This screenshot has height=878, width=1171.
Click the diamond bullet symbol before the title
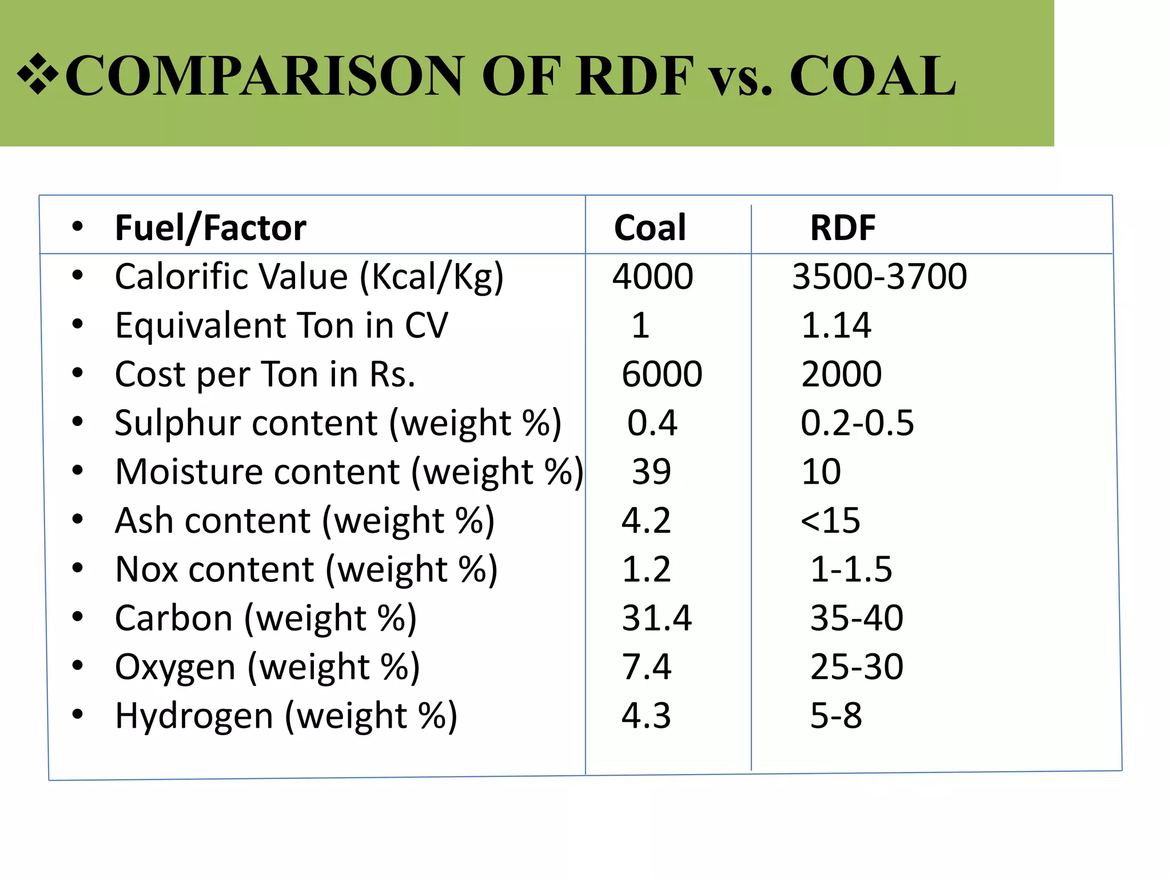[x=38, y=74]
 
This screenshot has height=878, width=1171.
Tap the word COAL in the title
[x=873, y=75]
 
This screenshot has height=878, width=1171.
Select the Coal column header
[x=650, y=228]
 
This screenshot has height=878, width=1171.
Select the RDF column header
[x=843, y=228]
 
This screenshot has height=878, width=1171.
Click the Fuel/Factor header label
[x=210, y=228]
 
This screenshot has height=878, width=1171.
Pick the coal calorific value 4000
[x=652, y=276]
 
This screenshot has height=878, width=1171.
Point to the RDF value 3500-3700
[x=879, y=276]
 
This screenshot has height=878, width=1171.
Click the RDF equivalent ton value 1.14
[x=836, y=325]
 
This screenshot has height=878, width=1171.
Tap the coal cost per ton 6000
[x=662, y=374]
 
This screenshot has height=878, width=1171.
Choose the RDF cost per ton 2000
[x=841, y=374]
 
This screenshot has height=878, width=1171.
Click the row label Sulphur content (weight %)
[x=337, y=423]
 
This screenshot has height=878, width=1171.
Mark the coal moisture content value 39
[x=651, y=472]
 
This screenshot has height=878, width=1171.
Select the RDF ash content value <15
[x=830, y=520]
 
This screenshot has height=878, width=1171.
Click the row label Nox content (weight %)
[x=306, y=569]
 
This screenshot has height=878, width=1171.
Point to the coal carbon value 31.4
[x=656, y=618]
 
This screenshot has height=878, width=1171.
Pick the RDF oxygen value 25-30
[x=857, y=667]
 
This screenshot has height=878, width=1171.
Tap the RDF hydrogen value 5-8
[x=836, y=715]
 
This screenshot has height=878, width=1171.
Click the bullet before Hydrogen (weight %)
[x=78, y=714]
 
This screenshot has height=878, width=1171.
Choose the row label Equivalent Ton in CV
[x=281, y=325]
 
